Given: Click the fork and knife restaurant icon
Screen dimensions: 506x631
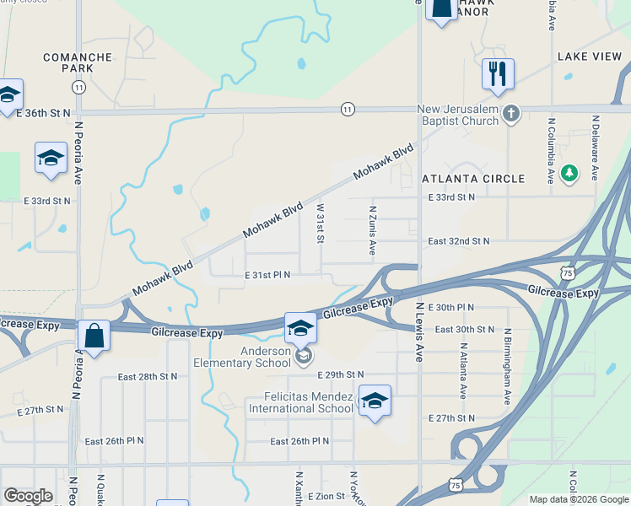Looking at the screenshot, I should point(499,74).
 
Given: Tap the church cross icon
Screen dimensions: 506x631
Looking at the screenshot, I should point(510,113).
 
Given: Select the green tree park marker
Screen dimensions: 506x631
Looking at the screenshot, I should point(570,173).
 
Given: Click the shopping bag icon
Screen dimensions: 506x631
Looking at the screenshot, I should point(94,336).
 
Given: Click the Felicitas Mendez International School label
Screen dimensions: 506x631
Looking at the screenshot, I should point(300,402).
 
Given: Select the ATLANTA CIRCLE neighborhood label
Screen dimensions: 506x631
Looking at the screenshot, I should point(473,179).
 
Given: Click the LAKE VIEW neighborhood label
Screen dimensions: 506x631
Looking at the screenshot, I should point(589,57).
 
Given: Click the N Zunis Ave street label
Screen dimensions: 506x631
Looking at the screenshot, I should point(372,229).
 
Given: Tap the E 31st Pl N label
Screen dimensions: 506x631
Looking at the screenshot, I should point(267,275).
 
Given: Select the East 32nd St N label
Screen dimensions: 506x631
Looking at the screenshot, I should point(458,241).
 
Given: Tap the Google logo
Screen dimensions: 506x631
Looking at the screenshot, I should point(28,496).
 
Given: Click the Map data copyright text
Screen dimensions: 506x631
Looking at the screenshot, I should point(579,499).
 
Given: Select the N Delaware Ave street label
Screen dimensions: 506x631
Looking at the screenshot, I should point(595,148).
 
